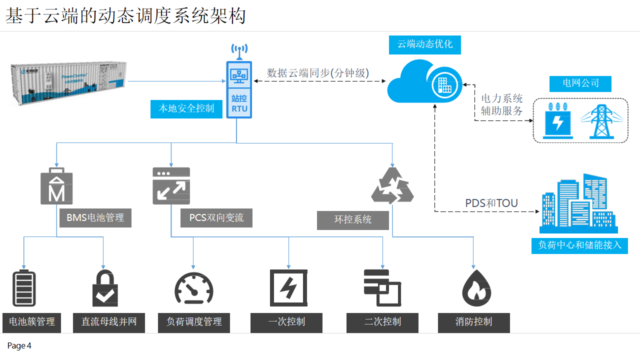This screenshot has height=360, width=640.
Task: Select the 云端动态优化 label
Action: tap(425, 44)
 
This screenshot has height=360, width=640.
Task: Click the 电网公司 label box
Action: tap(580, 83)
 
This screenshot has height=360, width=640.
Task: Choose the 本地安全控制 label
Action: tap(186, 109)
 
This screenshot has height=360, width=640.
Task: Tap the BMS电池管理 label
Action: tap(95, 218)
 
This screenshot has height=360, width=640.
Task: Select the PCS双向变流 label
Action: tap(216, 218)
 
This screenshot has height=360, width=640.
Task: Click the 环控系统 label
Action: tap(353, 220)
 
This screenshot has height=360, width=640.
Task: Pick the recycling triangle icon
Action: tap(392, 185)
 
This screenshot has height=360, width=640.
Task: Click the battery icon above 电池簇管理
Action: tap(24, 288)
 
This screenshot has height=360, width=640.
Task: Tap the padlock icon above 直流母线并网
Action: tap(105, 288)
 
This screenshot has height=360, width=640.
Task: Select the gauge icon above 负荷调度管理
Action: tap(194, 289)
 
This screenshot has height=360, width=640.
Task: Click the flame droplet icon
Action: tap(476, 288)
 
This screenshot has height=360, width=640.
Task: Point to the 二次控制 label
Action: tap(382, 322)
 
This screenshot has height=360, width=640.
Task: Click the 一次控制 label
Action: tap(286, 322)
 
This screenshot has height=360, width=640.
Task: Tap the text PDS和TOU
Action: tap(491, 203)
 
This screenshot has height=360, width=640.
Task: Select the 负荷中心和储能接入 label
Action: tap(579, 245)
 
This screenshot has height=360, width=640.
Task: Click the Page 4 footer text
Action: tap(19, 346)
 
